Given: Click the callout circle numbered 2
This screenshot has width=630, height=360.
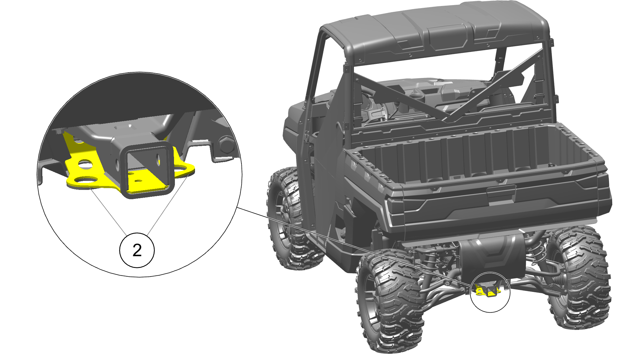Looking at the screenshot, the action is point(137,250).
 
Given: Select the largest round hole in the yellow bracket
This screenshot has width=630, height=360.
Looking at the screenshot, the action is point(86,180).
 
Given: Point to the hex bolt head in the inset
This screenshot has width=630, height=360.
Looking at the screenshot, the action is point(226,145).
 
